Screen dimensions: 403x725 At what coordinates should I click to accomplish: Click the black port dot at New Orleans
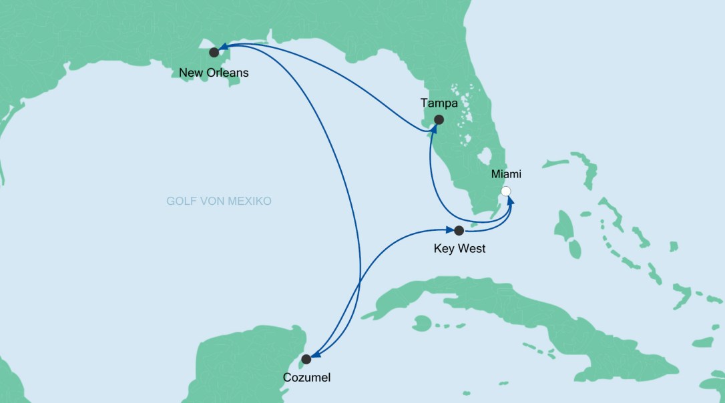coord(214,52)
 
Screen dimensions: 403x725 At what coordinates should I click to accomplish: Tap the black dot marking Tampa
coord(439,119)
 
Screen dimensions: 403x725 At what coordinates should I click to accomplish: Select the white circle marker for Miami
coord(506,191)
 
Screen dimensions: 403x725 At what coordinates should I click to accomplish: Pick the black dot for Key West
coord(459,231)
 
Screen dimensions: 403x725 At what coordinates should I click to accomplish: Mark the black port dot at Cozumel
coord(306,359)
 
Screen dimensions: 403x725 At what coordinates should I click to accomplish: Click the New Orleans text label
coord(214,73)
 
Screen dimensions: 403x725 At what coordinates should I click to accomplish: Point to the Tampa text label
coord(439,103)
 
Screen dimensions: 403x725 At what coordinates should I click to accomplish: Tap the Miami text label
coord(505,174)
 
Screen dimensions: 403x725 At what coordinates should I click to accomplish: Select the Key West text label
coord(459,250)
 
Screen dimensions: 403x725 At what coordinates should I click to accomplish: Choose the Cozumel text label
coord(306,378)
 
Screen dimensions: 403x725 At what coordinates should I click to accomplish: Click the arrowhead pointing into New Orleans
coord(224,47)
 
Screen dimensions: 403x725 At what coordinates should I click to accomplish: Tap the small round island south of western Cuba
coord(421,324)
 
